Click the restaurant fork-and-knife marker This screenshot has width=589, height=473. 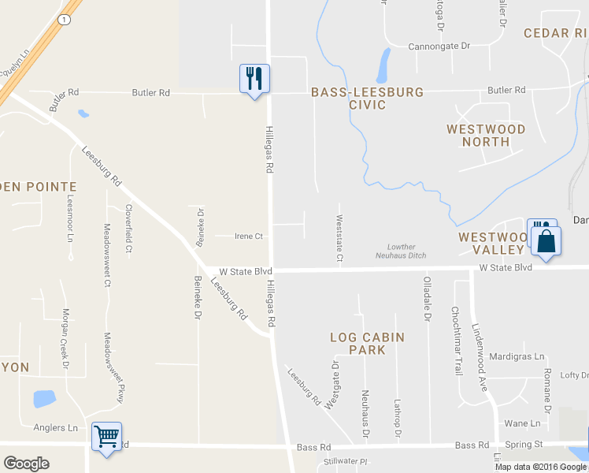pyautogui.click(x=254, y=79)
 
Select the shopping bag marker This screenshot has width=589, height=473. pyautogui.click(x=547, y=240)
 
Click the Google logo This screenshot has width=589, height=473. pyautogui.click(x=26, y=464)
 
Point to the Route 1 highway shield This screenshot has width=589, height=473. pyautogui.click(x=63, y=17)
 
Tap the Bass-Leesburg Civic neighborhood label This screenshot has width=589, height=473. pyautogui.click(x=367, y=99)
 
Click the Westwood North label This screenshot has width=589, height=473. pyautogui.click(x=486, y=135)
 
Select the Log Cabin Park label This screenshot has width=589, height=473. pyautogui.click(x=367, y=344)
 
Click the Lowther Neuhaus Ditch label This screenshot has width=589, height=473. pyautogui.click(x=406, y=251)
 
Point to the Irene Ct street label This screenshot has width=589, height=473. pyautogui.click(x=249, y=236)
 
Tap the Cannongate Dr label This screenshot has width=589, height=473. pyautogui.click(x=439, y=47)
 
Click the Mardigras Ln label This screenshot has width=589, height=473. pyautogui.click(x=517, y=356)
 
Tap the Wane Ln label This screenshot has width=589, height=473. pyautogui.click(x=522, y=423)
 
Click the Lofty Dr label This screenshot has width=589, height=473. pyautogui.click(x=573, y=375)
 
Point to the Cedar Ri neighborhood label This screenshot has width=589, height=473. pyautogui.click(x=556, y=32)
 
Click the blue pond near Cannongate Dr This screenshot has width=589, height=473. pyautogui.click(x=383, y=65)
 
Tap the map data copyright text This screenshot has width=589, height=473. pyautogui.click(x=541, y=467)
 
